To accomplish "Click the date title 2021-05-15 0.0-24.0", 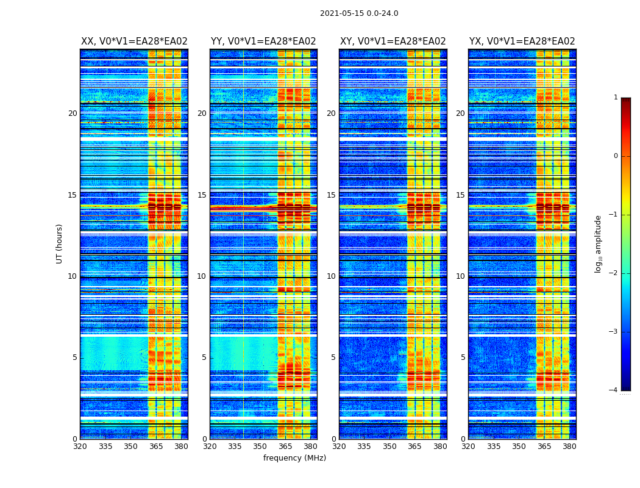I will pos(359,13).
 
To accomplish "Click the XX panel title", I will pos(134,41).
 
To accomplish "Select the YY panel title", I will pos(263,41).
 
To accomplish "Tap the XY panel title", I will pos(393,41).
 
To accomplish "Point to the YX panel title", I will pos(522,41).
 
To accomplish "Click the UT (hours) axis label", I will pos(60,243).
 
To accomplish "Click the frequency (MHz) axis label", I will pos(294,458).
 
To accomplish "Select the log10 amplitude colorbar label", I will pos(598,243).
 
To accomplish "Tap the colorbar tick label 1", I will pos(615,98).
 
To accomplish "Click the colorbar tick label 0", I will pos(615,156).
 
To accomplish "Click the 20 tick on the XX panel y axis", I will pos(73,113).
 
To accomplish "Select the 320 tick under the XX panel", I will pos(80,447).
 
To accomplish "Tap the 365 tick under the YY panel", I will pos(285,447).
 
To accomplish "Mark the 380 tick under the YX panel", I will pos(569,447).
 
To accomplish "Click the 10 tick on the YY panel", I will pos(202,276).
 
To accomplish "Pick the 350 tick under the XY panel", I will pos(389,447).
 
